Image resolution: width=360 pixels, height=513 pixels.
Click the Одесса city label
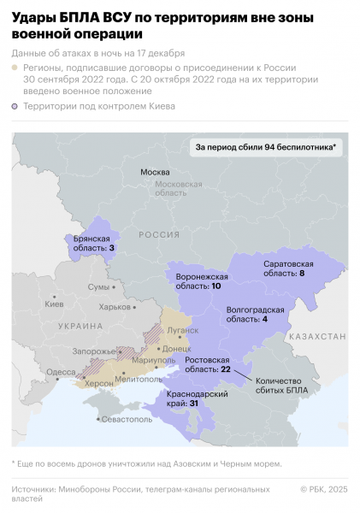60,372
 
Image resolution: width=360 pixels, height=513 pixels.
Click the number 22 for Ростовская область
226,369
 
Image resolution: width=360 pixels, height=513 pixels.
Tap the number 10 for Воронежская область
215,286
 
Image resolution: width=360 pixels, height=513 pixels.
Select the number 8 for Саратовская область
301,274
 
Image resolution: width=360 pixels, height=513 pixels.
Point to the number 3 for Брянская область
111,248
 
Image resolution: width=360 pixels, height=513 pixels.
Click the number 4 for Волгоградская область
265,318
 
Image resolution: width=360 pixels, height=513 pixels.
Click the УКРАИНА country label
80,326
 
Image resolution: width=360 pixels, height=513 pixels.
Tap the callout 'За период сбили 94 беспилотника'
265,147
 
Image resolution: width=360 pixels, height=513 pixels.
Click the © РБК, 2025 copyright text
324,489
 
